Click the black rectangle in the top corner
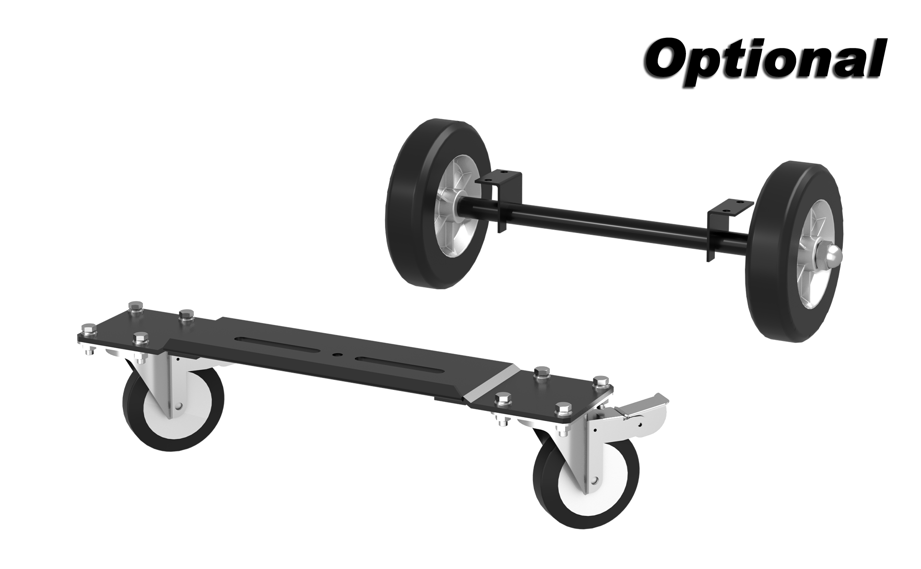764,64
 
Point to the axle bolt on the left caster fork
178,406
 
